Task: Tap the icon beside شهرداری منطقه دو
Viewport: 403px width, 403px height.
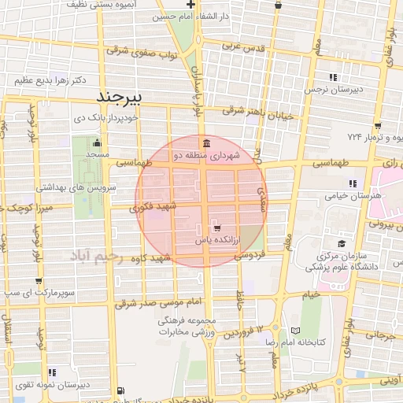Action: click(x=205, y=143)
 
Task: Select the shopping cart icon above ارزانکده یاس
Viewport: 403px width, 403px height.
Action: click(x=206, y=227)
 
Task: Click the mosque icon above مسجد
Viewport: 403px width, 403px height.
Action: click(x=97, y=142)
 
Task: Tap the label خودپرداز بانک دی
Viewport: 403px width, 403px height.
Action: click(x=105, y=117)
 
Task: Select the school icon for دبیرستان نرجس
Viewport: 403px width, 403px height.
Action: click(x=333, y=77)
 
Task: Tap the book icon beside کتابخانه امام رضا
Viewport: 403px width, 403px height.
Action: click(x=295, y=331)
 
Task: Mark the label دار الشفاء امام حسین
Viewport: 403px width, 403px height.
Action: click(x=246, y=16)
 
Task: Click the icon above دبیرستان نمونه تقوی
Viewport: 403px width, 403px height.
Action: click(x=52, y=372)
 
